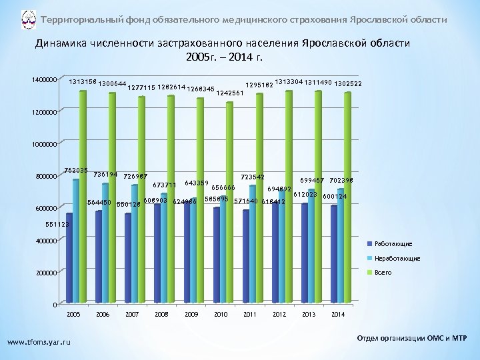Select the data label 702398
coord(341,181)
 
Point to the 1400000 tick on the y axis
coord(45,79)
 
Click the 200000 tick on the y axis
coord(47,273)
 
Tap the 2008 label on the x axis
coord(161,313)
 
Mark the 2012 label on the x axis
coord(279,313)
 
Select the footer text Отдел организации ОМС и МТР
coord(414,339)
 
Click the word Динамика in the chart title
coord(63,43)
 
